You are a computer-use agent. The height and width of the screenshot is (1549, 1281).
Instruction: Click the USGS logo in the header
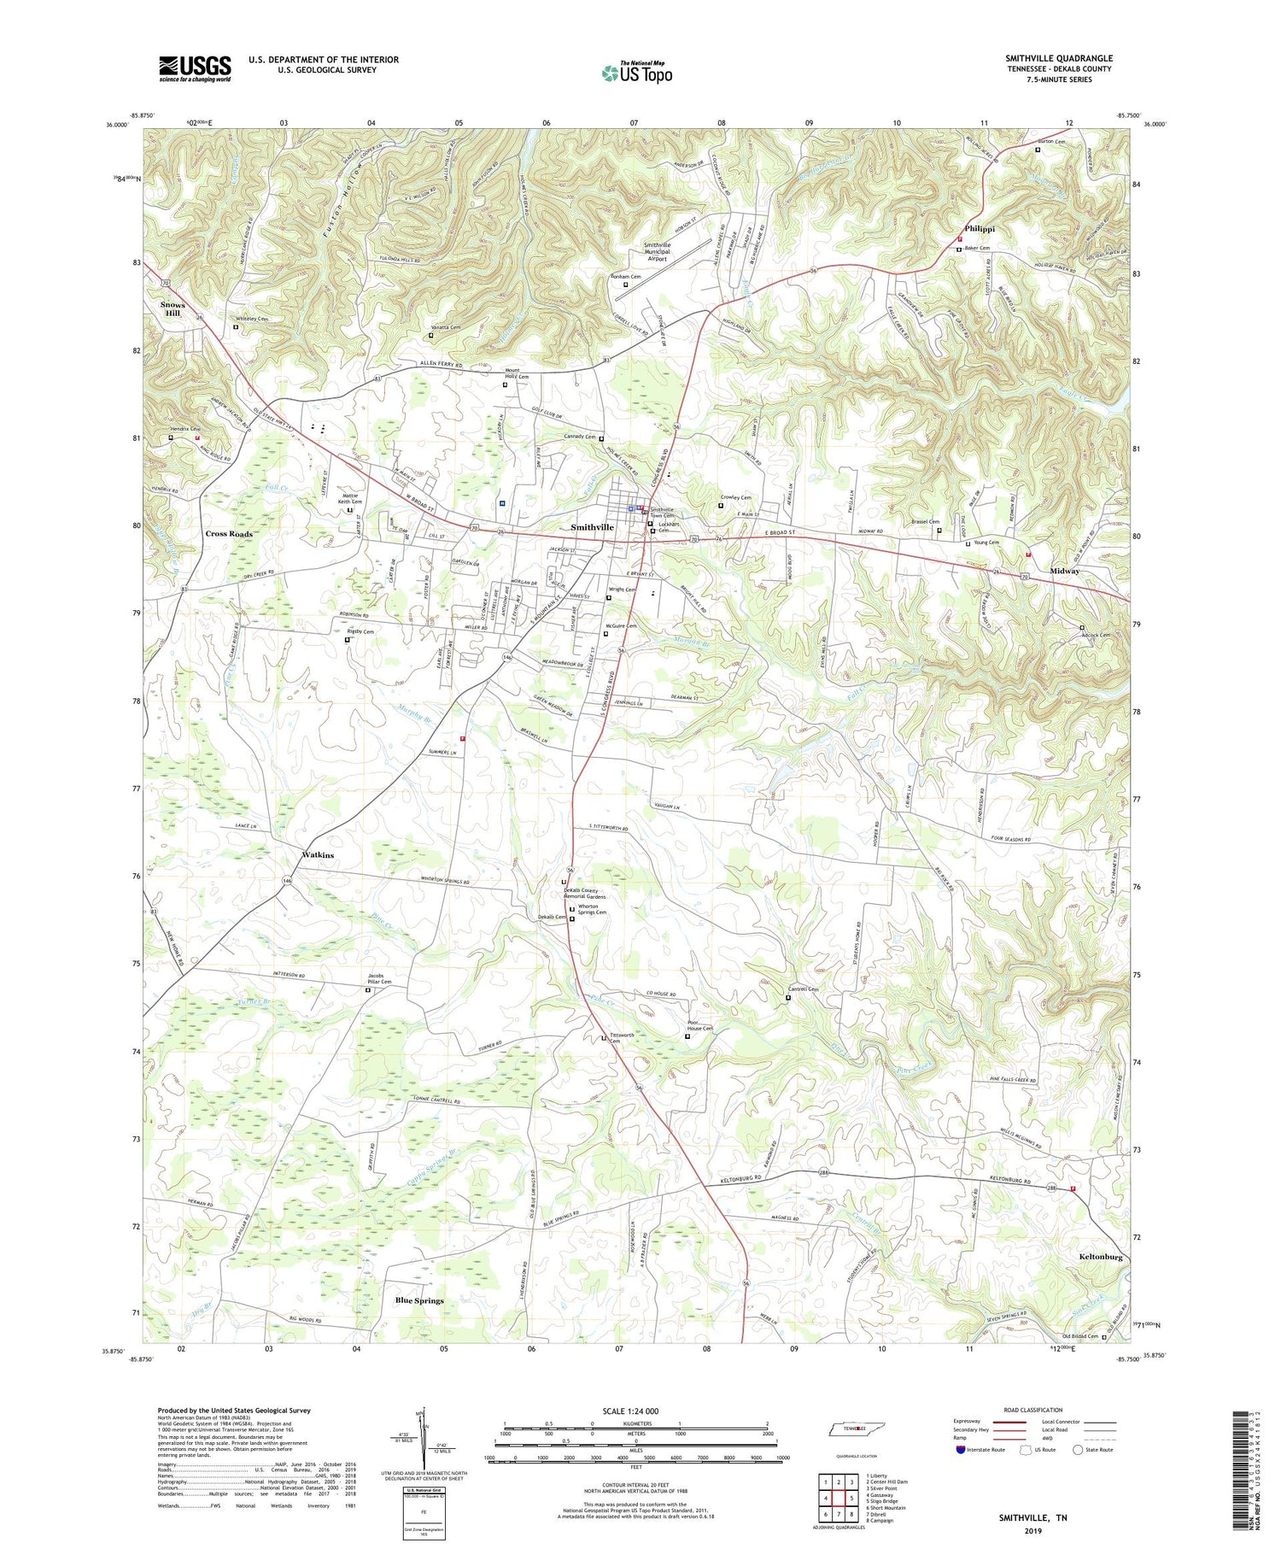(194, 68)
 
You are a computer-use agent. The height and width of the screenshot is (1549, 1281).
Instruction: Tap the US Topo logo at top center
(636, 73)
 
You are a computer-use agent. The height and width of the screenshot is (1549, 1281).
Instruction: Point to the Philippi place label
(980, 229)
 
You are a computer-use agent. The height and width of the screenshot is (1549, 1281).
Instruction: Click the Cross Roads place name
(229, 533)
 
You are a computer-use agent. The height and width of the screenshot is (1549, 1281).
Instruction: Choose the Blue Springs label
(419, 1300)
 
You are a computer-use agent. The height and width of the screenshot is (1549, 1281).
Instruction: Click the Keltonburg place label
(1101, 1258)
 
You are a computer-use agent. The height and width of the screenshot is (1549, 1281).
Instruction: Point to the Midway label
(1064, 571)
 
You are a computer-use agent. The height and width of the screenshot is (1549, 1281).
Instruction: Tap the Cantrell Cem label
(802, 989)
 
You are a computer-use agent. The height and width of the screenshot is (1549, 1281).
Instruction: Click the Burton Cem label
(1051, 142)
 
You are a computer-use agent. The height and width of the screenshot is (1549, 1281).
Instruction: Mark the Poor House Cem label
(700, 1026)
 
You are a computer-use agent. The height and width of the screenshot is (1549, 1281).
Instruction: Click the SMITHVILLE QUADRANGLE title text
(1058, 58)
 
